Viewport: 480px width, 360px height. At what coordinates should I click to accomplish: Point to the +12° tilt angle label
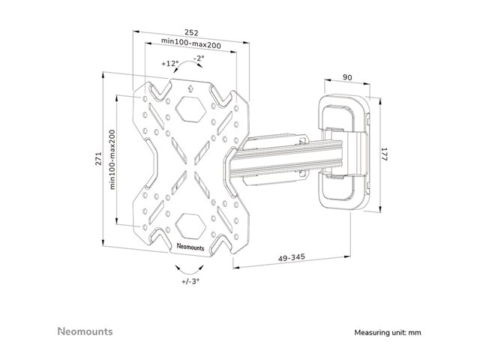(x=171, y=63)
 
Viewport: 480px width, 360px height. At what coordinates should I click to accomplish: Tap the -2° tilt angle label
(x=199, y=58)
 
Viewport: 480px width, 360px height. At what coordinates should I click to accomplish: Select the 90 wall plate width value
(x=346, y=76)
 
